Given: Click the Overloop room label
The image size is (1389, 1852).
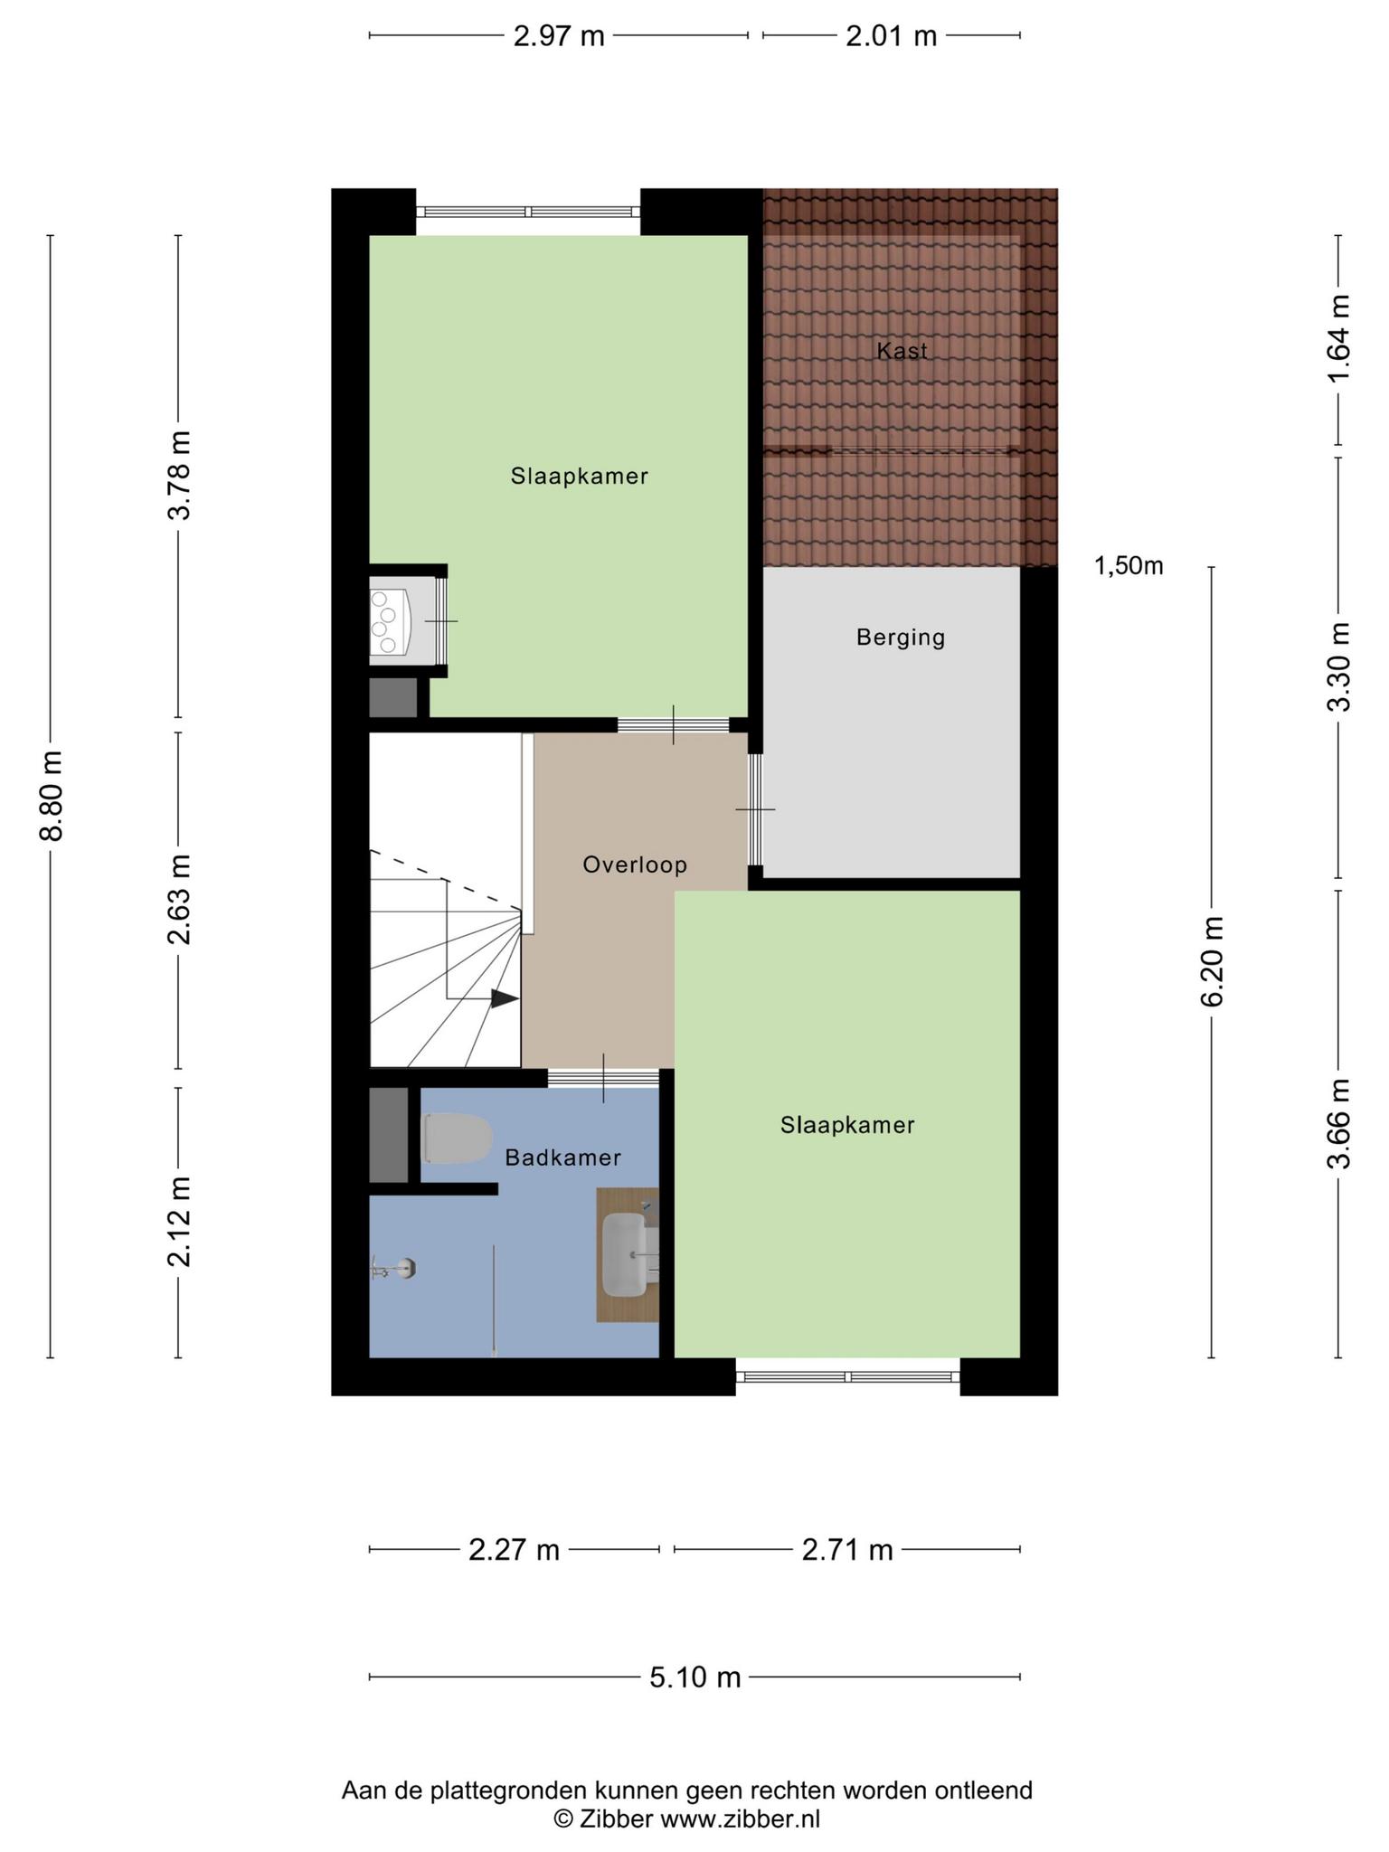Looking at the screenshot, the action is (x=635, y=865).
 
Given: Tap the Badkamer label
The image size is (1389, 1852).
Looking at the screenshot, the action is (x=562, y=1157).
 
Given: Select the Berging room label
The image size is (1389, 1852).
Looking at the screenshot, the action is (x=901, y=638).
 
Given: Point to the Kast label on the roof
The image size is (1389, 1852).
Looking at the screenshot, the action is (x=902, y=351).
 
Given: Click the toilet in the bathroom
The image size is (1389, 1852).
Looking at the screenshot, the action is (x=458, y=1139).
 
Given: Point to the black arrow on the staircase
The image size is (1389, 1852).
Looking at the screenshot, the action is (x=505, y=999).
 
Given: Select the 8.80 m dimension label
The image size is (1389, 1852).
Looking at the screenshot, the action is (x=52, y=796).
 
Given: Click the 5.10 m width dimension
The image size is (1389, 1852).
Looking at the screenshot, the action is (x=695, y=1677).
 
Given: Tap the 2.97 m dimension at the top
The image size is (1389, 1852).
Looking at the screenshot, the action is (x=559, y=36).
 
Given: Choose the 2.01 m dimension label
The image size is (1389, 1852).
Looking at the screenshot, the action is (x=892, y=36).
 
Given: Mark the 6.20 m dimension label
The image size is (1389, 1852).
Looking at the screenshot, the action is (x=1213, y=961).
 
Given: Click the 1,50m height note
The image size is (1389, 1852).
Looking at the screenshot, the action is (x=1129, y=566).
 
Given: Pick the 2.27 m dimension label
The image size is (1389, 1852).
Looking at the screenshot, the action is (x=515, y=1550).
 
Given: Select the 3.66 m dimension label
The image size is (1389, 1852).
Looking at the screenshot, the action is (x=1339, y=1123).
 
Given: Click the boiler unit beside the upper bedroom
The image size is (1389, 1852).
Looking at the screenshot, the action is (x=391, y=621).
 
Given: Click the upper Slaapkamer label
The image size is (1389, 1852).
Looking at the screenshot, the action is (x=580, y=476).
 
